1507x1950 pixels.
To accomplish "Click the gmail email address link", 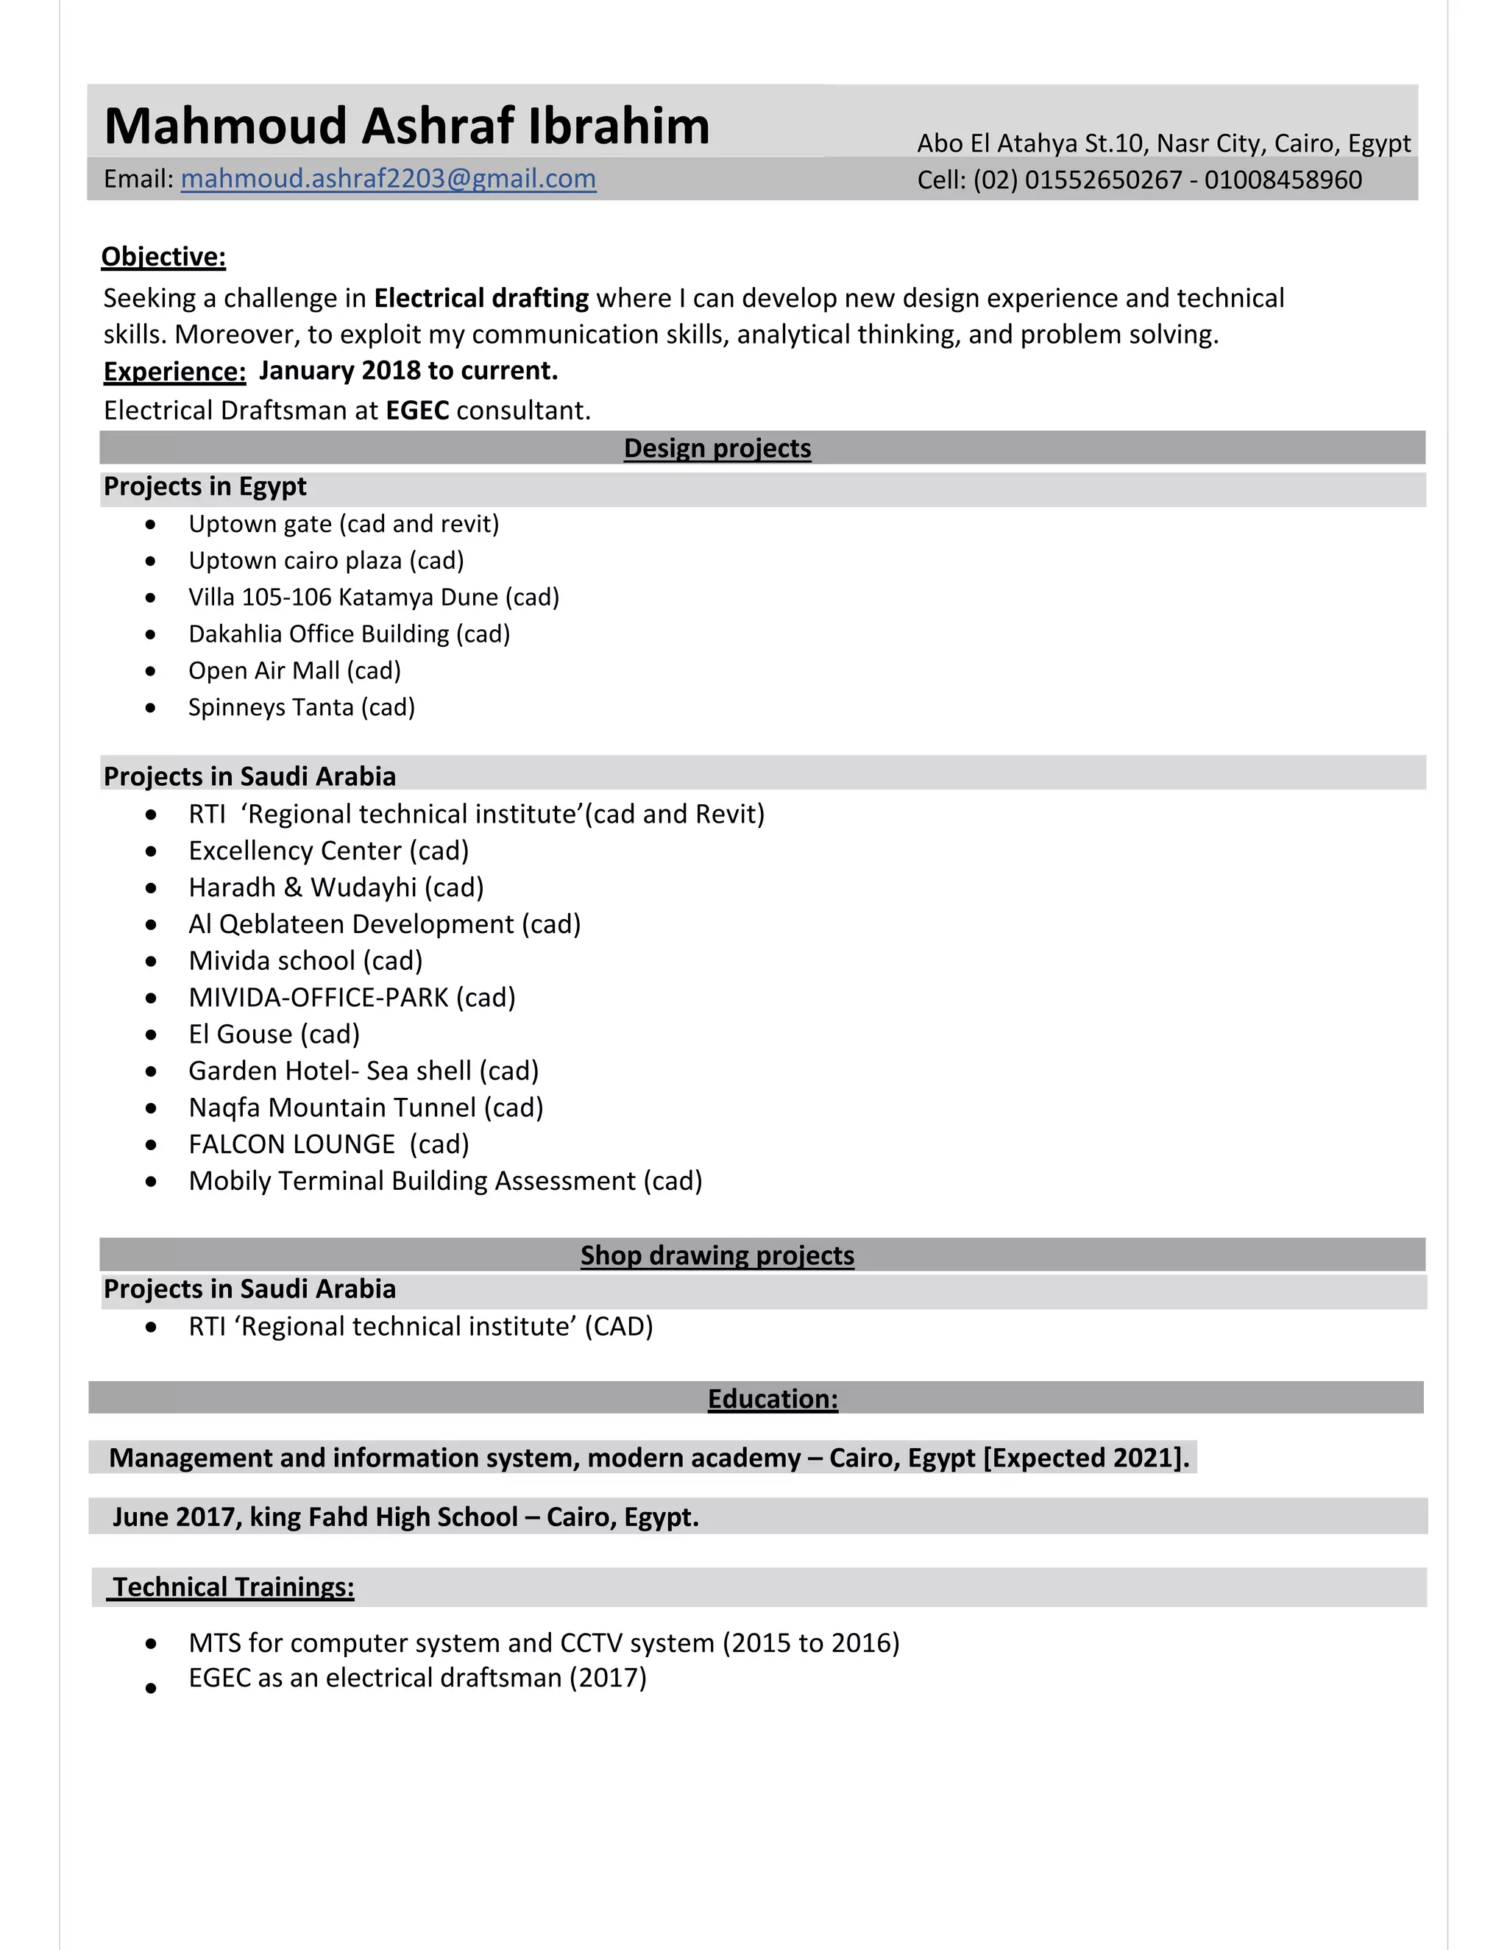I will (x=388, y=179).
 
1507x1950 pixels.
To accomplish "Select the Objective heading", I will (x=163, y=257).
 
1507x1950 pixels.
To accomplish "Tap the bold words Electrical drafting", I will (x=481, y=298).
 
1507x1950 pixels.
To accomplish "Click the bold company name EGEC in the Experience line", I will (x=417, y=411).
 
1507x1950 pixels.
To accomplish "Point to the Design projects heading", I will (x=717, y=448).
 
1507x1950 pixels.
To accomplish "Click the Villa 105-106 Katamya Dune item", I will (x=373, y=598).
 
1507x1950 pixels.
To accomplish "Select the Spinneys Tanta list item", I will (x=301, y=707).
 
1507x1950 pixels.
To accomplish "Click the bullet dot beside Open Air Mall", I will (x=151, y=671).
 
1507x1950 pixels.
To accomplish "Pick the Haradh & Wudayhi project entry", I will (x=336, y=887).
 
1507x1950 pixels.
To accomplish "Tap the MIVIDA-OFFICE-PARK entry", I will (x=352, y=997).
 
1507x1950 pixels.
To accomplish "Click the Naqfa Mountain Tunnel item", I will (x=365, y=1107).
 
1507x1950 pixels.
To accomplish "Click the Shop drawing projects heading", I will (x=717, y=1255).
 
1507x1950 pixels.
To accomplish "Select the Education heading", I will (x=772, y=1399).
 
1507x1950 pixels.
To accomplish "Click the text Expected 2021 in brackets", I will (x=1085, y=1458).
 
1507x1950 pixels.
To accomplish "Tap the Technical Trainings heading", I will (x=233, y=1586).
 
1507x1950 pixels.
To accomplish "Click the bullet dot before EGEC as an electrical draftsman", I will (x=151, y=1688).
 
